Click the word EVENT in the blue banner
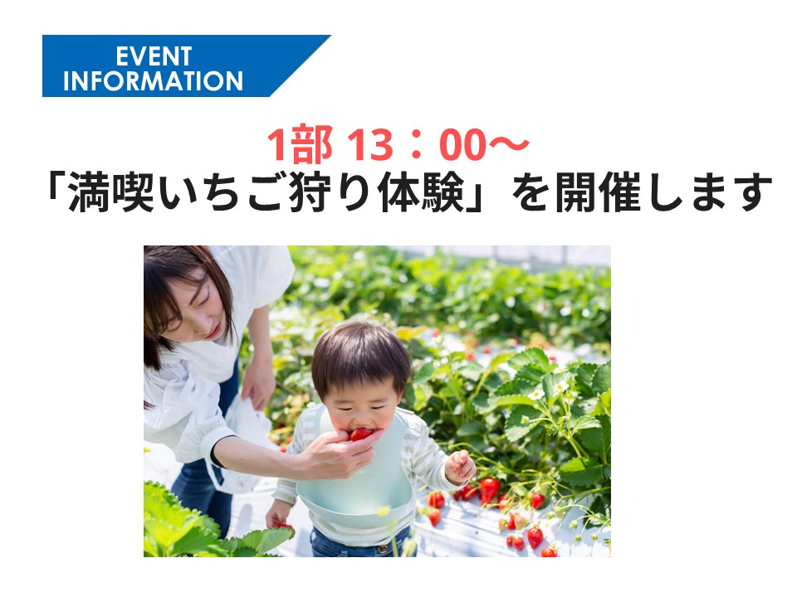[154, 56]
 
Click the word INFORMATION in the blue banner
[153, 81]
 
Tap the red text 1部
[300, 144]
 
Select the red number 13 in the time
[370, 144]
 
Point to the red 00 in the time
[462, 144]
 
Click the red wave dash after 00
[508, 144]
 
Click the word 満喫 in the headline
[110, 192]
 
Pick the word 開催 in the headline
[597, 192]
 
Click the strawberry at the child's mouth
[361, 434]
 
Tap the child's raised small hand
[460, 466]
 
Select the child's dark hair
[359, 356]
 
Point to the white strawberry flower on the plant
[535, 394]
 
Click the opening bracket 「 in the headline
[55, 189]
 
